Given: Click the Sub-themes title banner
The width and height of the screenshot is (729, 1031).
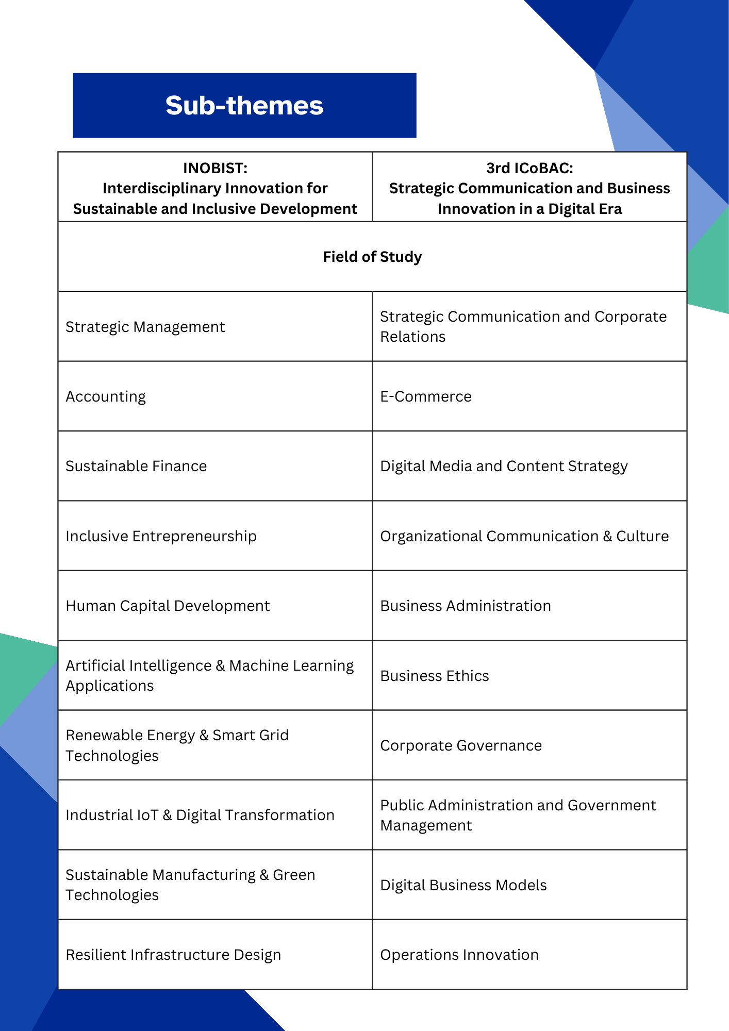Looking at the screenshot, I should [x=244, y=105].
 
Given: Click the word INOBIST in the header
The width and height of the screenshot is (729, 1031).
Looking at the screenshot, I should [x=215, y=168].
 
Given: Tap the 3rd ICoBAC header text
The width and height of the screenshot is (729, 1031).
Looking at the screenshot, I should [x=529, y=168].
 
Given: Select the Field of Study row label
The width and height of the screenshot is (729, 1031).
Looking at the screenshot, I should [x=372, y=257].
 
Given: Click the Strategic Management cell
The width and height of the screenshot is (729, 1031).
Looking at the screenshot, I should [x=145, y=327].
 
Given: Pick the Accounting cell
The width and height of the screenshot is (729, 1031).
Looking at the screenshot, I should [x=106, y=396].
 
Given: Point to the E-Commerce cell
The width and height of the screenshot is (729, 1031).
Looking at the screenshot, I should [x=426, y=396].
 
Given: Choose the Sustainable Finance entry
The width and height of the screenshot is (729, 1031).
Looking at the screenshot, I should [x=136, y=466].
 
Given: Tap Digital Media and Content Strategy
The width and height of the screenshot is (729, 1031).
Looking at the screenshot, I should [x=504, y=466].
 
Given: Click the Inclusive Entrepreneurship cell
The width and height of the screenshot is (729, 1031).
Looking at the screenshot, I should [x=161, y=536].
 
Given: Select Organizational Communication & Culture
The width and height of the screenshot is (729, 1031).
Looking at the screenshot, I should [x=524, y=536].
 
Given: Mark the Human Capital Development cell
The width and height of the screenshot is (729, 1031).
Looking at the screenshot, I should [x=168, y=606].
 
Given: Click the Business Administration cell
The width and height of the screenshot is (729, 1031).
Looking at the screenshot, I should [x=466, y=606].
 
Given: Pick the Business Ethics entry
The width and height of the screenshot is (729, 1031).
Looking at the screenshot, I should [x=435, y=676].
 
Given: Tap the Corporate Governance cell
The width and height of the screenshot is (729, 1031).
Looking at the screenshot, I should [x=461, y=745].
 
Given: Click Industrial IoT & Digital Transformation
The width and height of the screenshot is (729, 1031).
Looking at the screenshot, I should [x=200, y=815].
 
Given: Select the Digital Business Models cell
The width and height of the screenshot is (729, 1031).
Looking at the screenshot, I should [x=463, y=885].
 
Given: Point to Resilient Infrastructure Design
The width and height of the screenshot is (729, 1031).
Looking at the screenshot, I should [x=173, y=955].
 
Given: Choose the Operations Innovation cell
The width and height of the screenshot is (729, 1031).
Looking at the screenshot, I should [x=459, y=955].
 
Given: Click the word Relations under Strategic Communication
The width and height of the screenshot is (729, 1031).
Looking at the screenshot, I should [x=413, y=337].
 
